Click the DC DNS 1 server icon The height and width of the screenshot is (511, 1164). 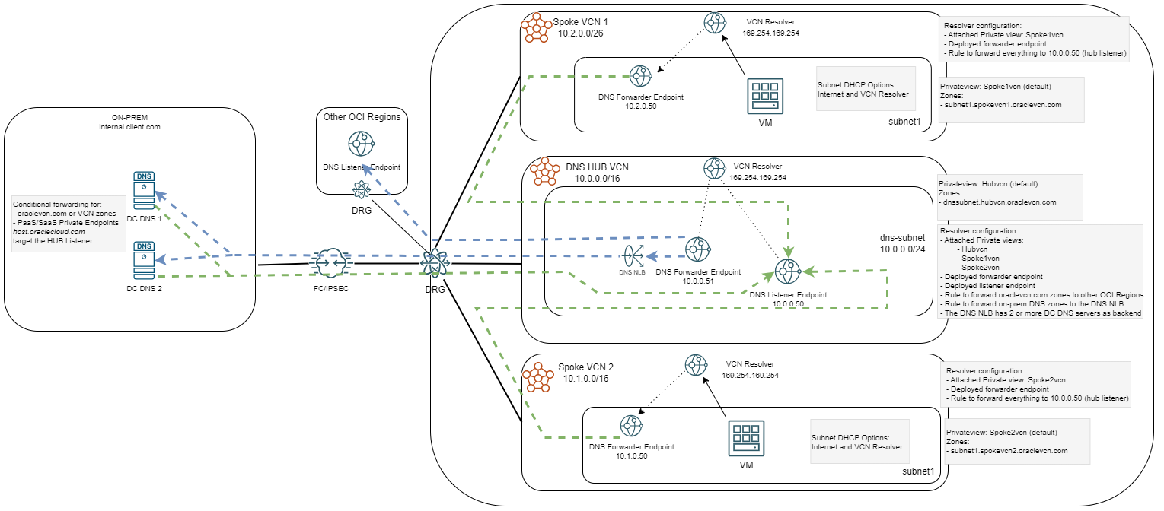(x=143, y=191)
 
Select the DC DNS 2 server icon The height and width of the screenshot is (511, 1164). (x=143, y=260)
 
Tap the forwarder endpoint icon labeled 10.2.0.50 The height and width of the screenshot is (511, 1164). (x=640, y=75)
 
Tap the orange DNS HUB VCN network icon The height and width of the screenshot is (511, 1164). (x=544, y=173)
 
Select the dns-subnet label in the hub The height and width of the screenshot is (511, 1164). (x=901, y=236)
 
